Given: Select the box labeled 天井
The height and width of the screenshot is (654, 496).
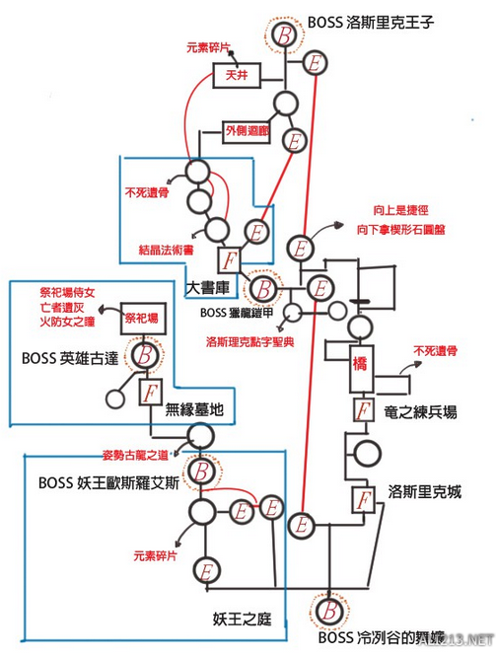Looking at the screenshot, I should pyautogui.click(x=229, y=74).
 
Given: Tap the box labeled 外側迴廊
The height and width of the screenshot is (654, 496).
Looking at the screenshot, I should pyautogui.click(x=244, y=130).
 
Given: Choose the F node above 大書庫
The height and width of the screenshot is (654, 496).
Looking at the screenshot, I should pyautogui.click(x=229, y=261).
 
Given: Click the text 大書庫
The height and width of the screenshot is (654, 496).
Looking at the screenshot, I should pyautogui.click(x=209, y=286).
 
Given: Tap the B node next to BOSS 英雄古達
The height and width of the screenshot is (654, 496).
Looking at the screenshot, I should pyautogui.click(x=145, y=352).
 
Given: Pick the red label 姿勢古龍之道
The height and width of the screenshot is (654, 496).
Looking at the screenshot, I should pyautogui.click(x=135, y=457).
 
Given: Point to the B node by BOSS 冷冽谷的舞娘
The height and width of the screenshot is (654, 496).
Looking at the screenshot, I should pyautogui.click(x=323, y=606).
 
